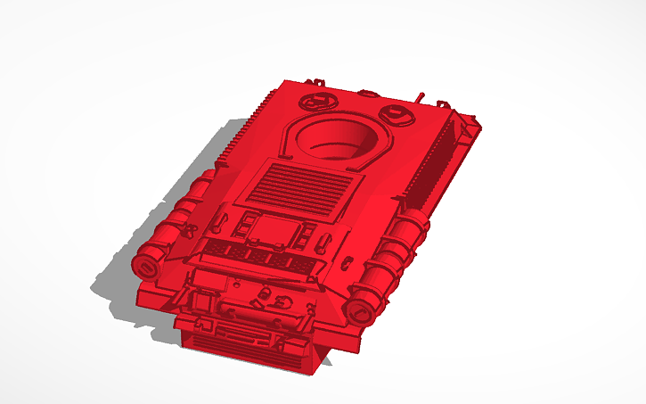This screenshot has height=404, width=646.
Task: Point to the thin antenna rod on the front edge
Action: coord(420,95)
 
